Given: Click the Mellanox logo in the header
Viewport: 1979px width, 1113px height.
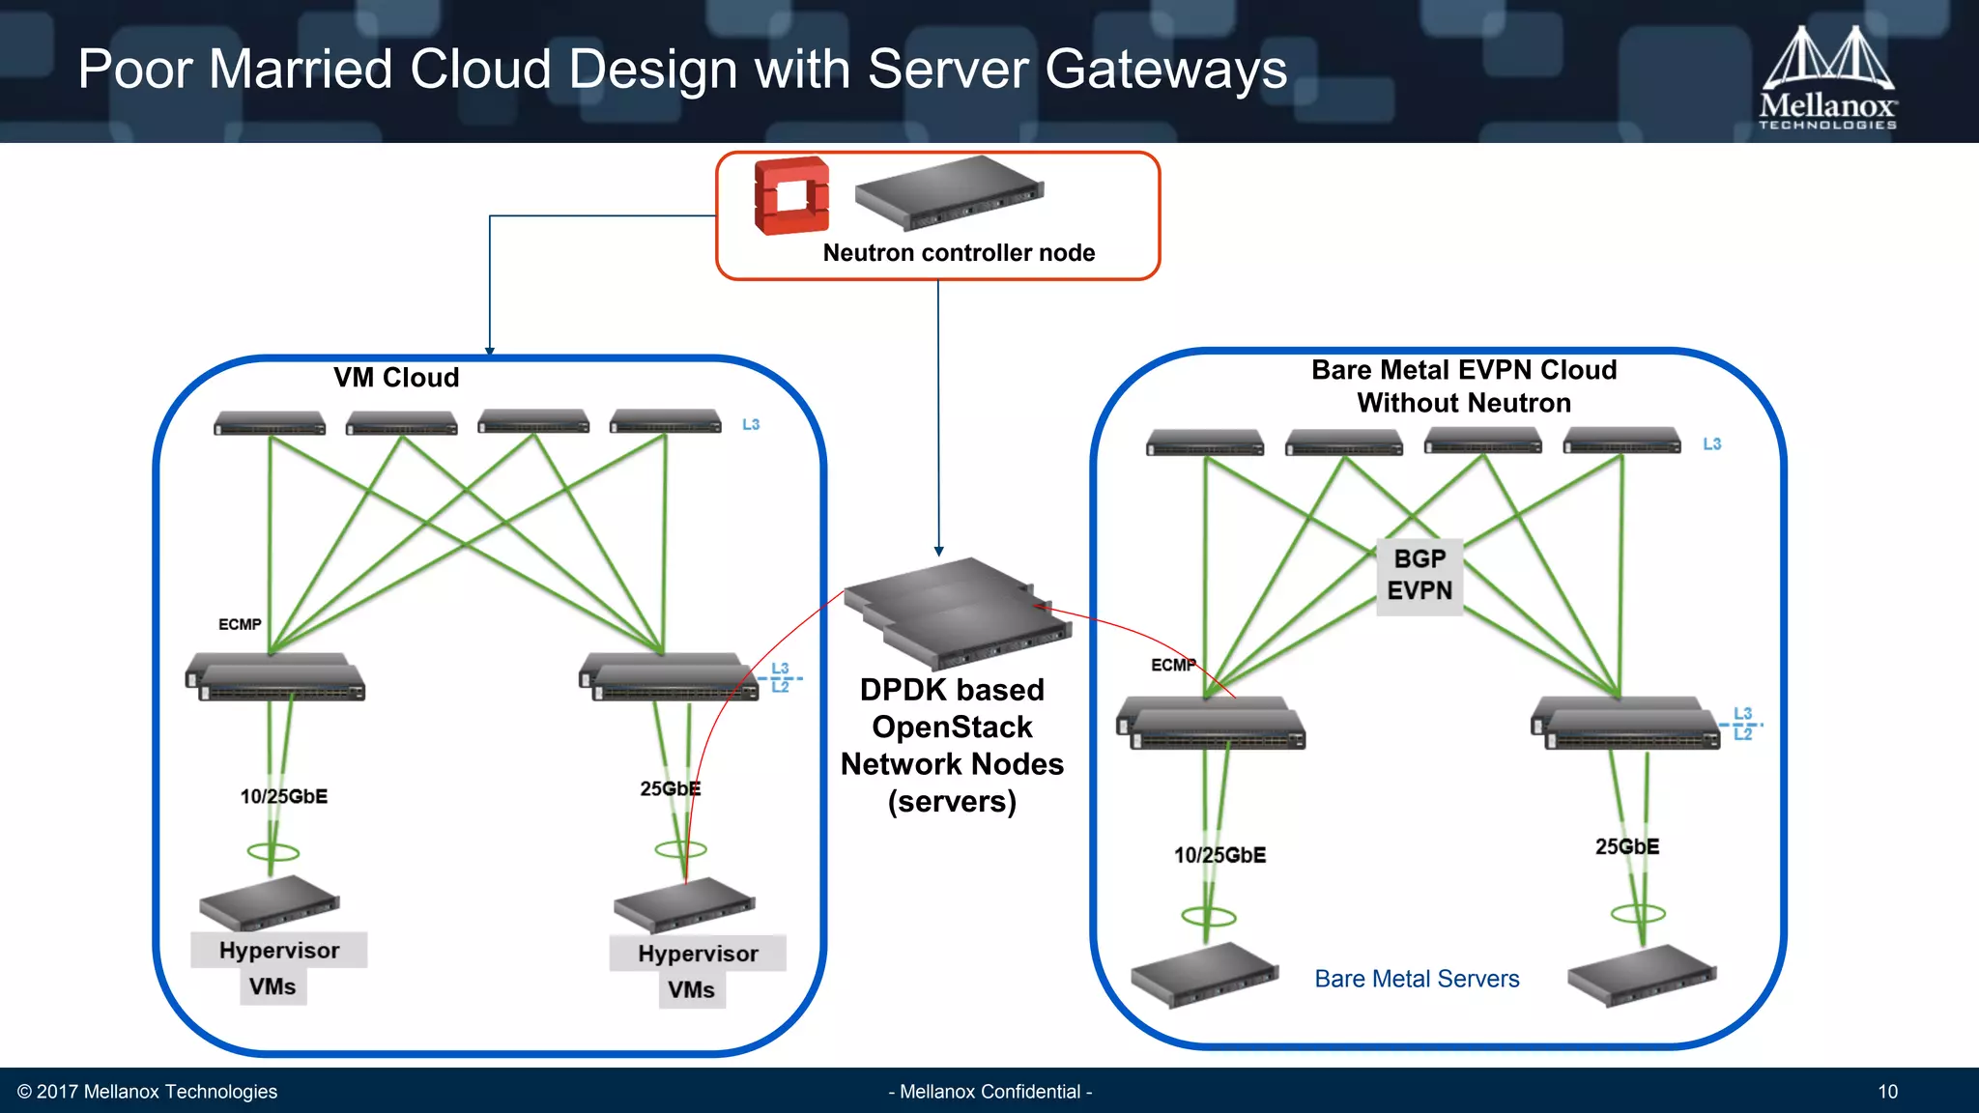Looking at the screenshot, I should pos(1827,77).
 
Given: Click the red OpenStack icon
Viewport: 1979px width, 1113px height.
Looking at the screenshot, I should pos(791,196).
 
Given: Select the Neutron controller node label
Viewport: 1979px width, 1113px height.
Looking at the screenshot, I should pos(959,253).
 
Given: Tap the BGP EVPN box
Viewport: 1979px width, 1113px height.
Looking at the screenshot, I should pos(1420,575).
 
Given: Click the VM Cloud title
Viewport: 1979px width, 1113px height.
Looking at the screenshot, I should pos(396,378).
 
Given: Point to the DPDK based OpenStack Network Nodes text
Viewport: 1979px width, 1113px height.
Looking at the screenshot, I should pos(952,745).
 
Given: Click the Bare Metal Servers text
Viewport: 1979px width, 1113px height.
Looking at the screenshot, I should pos(1417,979).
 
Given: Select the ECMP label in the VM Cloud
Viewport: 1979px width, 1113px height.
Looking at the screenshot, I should pos(240,625).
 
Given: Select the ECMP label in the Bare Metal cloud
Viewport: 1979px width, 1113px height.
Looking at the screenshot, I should pos(1173,665).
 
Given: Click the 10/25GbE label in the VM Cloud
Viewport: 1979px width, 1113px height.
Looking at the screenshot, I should pos(284,796).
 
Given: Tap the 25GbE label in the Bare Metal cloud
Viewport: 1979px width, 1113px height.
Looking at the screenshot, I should pos(1627,846).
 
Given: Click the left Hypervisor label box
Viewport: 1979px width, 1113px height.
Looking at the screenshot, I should pos(279,950).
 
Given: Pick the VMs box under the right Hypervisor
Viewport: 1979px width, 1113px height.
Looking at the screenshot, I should pos(692,990).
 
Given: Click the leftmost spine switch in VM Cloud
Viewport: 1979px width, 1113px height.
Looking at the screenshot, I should pos(270,423).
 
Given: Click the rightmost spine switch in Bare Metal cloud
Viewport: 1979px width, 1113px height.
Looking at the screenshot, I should pos(1621,441).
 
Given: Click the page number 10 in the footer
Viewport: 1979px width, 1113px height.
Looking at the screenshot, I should pos(1887,1092).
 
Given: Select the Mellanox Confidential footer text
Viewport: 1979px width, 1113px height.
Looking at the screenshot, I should pos(989,1092).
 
